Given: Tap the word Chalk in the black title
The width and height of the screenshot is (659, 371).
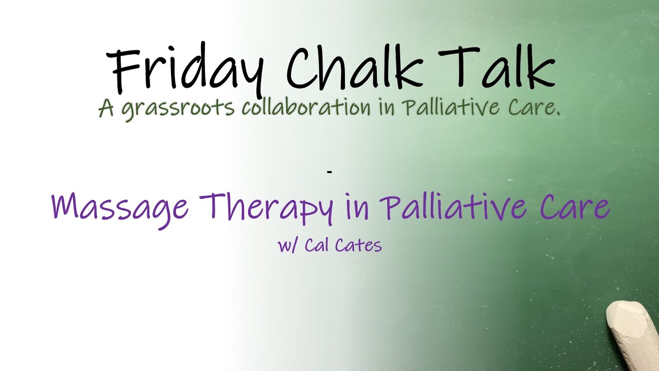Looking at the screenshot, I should click(352, 66).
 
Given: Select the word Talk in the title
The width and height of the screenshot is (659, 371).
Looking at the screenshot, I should click(497, 66).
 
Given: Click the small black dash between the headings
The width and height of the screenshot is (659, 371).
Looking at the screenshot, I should click(329, 171).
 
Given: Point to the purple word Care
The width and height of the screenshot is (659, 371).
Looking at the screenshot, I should click(575, 206).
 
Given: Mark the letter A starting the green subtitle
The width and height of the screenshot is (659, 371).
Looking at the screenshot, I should click(106, 108).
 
